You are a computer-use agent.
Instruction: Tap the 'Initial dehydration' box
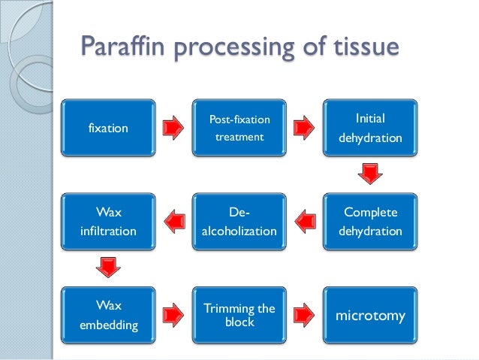click(x=369, y=129)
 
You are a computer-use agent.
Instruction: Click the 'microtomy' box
click(x=369, y=316)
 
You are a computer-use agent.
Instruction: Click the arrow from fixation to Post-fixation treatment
click(x=172, y=129)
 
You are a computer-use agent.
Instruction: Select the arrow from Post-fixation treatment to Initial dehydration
click(x=303, y=129)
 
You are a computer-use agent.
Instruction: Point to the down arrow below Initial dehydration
click(x=369, y=176)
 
